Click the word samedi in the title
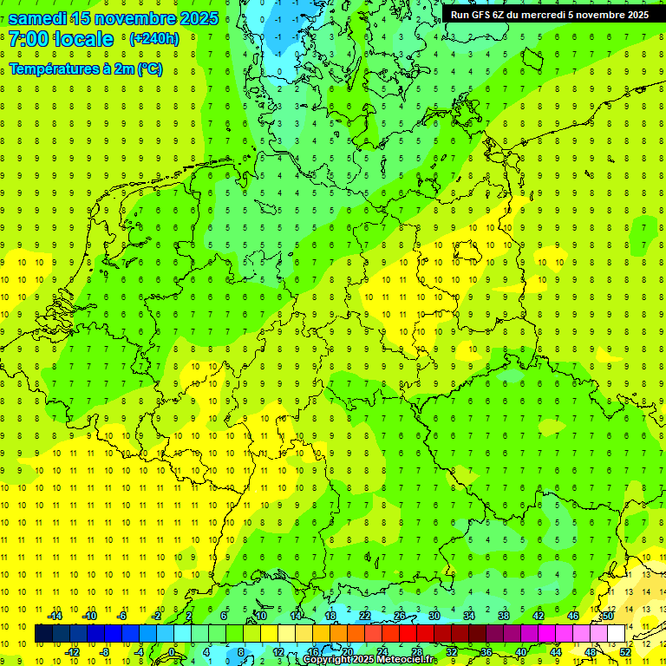38,19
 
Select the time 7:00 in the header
28,39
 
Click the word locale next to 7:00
83,39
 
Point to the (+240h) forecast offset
153,39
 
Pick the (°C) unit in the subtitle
149,69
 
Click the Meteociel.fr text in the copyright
405,660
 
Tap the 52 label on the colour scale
625,651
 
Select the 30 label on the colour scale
434,616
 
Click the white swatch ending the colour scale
617,634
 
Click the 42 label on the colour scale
539,616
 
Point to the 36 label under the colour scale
486,651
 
